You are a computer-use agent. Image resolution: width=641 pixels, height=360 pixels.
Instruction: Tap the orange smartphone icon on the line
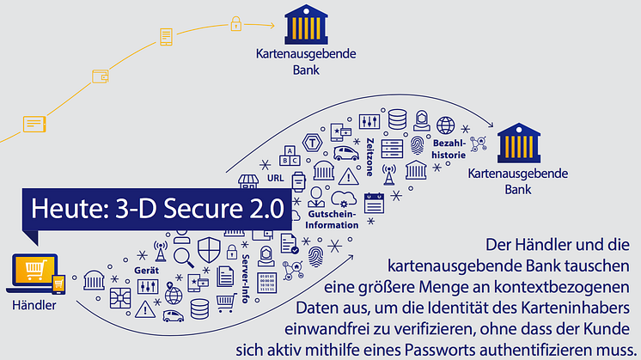point(165,37)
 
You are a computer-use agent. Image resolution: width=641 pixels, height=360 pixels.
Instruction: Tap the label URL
point(275,178)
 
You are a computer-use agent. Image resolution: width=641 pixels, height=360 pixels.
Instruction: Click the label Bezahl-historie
point(449,149)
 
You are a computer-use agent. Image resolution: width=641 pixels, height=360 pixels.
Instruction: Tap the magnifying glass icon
point(182,255)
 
